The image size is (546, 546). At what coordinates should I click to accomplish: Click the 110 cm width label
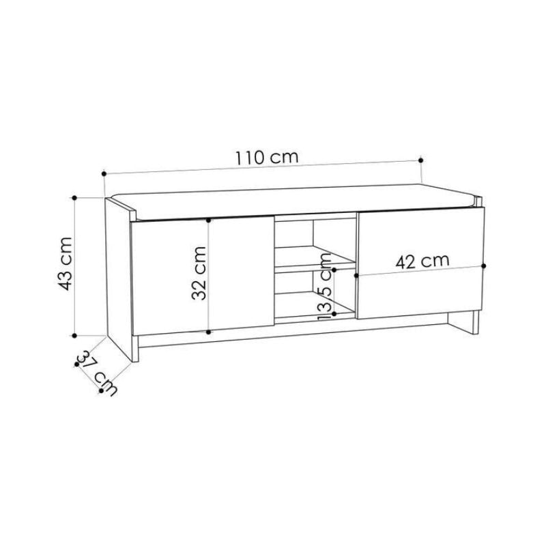pos(267,158)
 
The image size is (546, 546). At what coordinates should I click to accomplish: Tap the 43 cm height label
pos(65,263)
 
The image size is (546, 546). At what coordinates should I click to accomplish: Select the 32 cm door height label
pos(199,274)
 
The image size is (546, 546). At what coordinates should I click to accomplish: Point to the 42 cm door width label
pos(422,261)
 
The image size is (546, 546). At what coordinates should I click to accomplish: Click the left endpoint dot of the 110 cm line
pos(104,173)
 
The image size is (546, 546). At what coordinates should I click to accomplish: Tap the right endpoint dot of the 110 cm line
pos(420,160)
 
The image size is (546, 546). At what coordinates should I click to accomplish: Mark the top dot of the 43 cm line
pos(74,198)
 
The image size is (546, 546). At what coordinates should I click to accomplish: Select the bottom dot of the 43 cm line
pos(74,336)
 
